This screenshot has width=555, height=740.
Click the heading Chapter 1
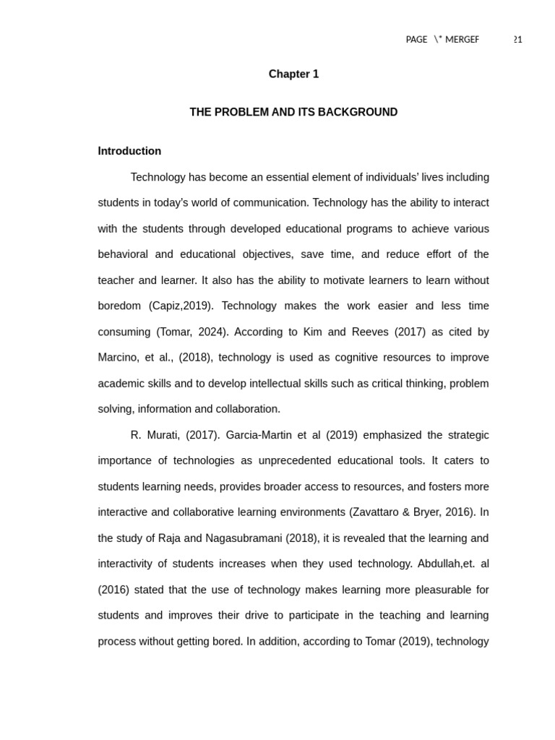point(293,74)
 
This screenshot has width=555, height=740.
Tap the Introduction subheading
point(129,151)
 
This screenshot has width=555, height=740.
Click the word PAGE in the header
point(416,40)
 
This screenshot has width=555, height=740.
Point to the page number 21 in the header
point(517,40)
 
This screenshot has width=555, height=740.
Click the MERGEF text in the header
point(462,40)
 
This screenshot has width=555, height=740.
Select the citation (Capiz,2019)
point(181,306)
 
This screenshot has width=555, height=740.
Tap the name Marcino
point(120,358)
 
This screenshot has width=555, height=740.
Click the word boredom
point(119,306)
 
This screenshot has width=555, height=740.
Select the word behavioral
point(123,254)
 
